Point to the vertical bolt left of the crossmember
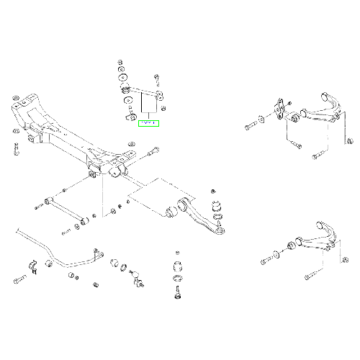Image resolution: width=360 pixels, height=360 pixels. [14, 149]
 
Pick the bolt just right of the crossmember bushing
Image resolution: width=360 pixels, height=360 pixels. [154, 153]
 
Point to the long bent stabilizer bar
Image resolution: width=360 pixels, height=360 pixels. [58, 252]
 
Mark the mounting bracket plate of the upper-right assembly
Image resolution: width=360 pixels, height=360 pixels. [278, 108]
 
